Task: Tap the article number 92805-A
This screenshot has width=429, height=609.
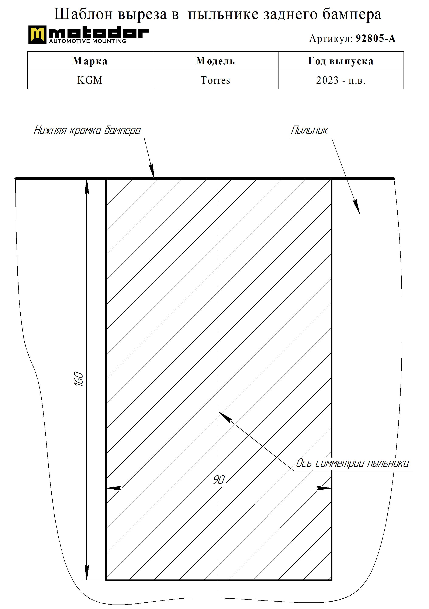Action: click(376, 39)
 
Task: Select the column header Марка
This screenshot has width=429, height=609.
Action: click(90, 61)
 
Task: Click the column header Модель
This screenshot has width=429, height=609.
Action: click(215, 61)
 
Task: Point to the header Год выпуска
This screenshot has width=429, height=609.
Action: click(341, 61)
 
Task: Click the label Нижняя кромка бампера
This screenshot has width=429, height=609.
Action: click(87, 130)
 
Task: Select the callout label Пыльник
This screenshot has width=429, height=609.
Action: click(309, 130)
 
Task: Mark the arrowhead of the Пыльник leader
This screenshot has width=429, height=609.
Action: click(356, 207)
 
